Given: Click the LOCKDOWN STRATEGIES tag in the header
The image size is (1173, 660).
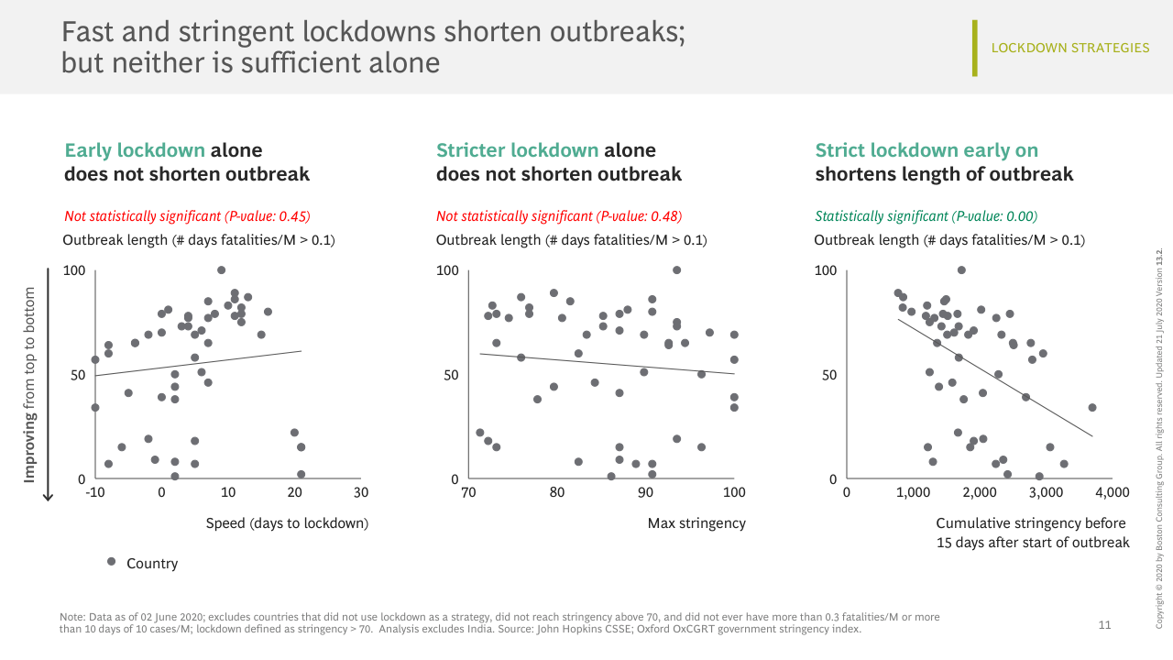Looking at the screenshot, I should [1069, 48].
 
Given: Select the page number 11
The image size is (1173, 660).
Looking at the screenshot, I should [1104, 625].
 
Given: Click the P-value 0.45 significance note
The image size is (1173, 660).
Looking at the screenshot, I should [187, 216].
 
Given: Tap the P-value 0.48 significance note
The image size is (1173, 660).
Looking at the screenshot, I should [559, 216].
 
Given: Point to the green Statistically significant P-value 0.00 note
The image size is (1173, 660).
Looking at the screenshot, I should [926, 216].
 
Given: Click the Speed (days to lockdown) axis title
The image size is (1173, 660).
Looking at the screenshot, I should [287, 523].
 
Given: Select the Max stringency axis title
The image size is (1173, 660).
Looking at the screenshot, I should [696, 523].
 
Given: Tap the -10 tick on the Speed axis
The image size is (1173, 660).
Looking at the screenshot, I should [94, 492].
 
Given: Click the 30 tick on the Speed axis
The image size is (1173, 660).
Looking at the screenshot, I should [361, 492].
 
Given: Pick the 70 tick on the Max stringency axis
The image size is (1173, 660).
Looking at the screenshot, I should [468, 492].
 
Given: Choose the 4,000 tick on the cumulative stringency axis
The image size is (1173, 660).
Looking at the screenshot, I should [1112, 492].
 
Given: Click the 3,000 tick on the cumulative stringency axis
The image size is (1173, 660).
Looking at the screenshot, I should [1046, 492].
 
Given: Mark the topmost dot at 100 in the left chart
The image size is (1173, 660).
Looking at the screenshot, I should [221, 269].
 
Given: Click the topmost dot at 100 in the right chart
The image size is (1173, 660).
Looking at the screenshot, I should [961, 269].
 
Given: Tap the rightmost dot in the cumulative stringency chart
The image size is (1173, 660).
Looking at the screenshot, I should [1091, 407].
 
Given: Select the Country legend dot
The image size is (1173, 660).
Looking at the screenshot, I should [111, 561].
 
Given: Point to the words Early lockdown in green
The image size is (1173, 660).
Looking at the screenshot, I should [135, 150].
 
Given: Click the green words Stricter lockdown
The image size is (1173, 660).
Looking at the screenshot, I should [518, 150].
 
